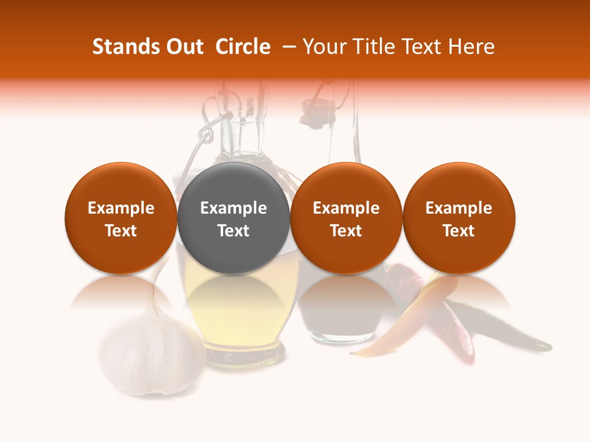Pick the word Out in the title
[x=184, y=47]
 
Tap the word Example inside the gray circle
[x=234, y=208]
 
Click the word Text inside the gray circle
[x=234, y=231]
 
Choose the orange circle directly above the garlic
[x=120, y=218]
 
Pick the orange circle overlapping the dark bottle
[x=346, y=218]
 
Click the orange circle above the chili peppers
[x=458, y=218]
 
